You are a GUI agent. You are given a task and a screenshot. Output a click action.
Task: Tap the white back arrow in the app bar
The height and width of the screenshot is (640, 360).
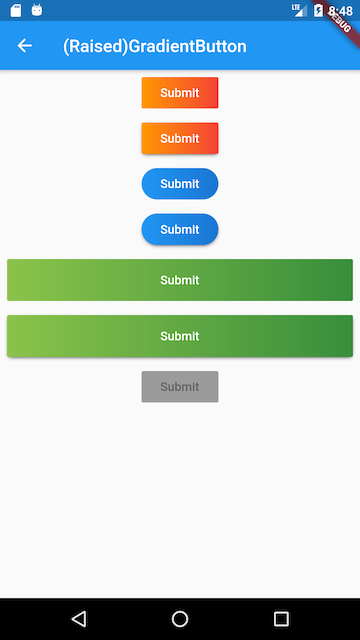pyautogui.click(x=24, y=46)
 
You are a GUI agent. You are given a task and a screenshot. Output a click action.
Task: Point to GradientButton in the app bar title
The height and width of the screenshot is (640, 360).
pyautogui.click(x=187, y=47)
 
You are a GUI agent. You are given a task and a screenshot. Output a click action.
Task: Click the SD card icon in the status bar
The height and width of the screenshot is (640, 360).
pyautogui.click(x=16, y=11)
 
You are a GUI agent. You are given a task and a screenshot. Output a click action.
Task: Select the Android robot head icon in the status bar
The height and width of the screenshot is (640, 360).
pyautogui.click(x=37, y=10)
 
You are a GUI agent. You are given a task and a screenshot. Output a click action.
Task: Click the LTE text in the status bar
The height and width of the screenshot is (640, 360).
pyautogui.click(x=296, y=7)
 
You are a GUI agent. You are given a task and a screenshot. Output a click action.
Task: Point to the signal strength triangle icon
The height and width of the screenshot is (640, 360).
pyautogui.click(x=302, y=11)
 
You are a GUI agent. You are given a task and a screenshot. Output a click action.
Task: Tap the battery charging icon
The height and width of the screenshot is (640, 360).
pyautogui.click(x=318, y=11)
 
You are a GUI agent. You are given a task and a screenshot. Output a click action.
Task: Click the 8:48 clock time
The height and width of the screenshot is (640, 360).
pyautogui.click(x=340, y=11)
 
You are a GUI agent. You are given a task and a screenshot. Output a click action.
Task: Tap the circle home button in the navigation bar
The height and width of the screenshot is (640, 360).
pyautogui.click(x=180, y=619)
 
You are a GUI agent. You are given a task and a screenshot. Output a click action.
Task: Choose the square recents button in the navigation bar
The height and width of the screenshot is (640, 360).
pyautogui.click(x=281, y=619)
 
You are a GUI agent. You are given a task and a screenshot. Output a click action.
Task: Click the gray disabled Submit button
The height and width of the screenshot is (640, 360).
pyautogui.click(x=180, y=387)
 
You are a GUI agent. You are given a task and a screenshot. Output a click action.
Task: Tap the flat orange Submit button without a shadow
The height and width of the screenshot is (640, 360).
pyautogui.click(x=180, y=93)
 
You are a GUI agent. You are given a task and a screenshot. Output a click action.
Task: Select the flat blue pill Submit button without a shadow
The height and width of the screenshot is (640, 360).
pyautogui.click(x=180, y=184)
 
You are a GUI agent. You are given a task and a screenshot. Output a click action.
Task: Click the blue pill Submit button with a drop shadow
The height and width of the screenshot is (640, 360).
pyautogui.click(x=180, y=229)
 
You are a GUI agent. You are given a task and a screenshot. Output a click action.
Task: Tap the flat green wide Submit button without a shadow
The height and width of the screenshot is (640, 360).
pyautogui.click(x=180, y=280)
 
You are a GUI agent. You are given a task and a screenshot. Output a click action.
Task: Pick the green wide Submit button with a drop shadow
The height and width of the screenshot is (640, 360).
pyautogui.click(x=180, y=336)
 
